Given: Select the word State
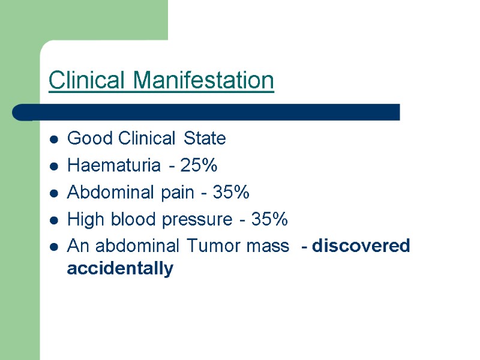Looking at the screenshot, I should coord(205,139).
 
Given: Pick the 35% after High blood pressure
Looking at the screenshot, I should coord(269,220).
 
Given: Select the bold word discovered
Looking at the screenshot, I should coord(361,246).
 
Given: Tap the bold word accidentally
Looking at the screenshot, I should coord(120,269).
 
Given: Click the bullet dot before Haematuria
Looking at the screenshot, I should coord(54,167).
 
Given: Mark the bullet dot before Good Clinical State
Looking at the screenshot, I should coord(54,140).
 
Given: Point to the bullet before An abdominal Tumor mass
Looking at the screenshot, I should coord(54,247).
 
